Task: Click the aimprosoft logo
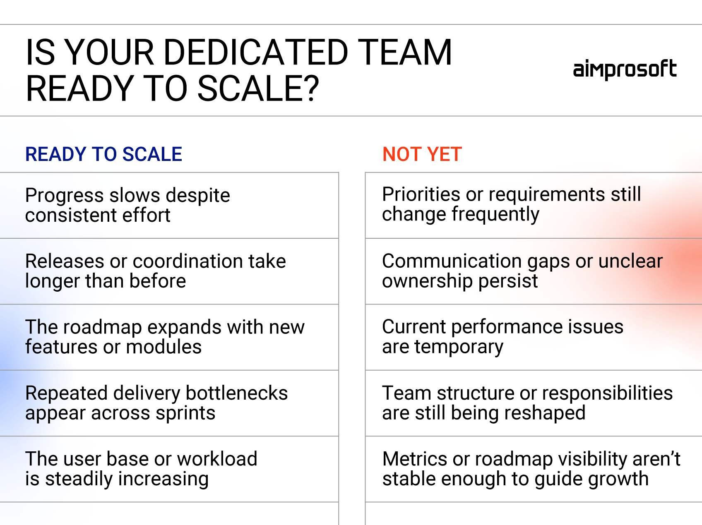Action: (x=625, y=70)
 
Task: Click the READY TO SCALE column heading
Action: (x=103, y=154)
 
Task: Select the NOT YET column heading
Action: (x=422, y=154)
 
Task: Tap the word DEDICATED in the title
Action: (x=256, y=53)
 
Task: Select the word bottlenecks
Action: (x=237, y=393)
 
